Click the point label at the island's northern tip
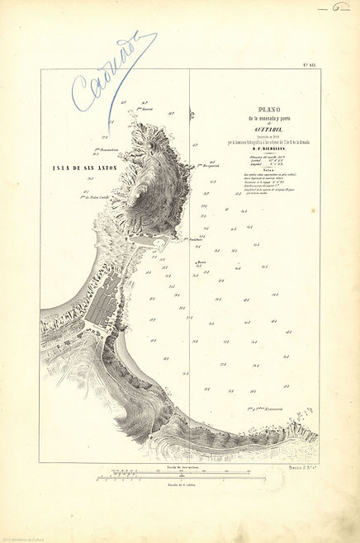click(147, 108)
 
